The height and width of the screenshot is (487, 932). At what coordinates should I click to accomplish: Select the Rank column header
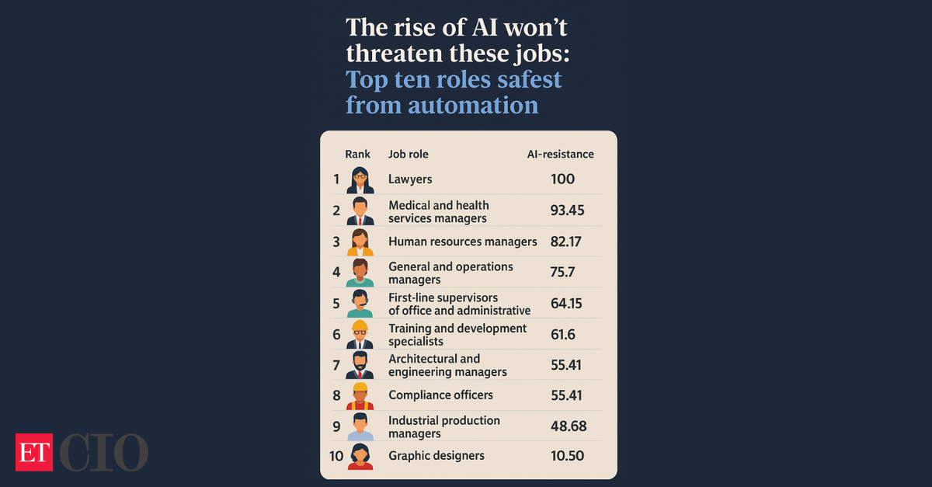[357, 154]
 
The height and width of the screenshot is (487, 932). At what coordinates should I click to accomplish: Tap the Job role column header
[408, 154]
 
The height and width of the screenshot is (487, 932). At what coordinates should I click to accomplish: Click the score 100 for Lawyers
[562, 179]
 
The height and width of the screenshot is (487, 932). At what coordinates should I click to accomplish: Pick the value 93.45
[567, 210]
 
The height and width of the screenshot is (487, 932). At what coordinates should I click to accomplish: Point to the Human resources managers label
[462, 242]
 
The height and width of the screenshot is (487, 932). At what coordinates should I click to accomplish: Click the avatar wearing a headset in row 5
[360, 304]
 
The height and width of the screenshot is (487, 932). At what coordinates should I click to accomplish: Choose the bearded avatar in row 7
[360, 365]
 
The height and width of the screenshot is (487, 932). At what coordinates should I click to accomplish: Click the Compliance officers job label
[440, 395]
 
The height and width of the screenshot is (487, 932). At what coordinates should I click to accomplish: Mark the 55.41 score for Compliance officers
[566, 395]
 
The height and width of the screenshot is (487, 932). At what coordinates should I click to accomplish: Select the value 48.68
[568, 426]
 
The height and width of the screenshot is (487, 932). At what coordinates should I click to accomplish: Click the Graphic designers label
[436, 456]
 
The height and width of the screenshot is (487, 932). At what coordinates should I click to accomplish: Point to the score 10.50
[567, 456]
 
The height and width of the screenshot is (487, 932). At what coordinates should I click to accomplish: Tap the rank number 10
[336, 456]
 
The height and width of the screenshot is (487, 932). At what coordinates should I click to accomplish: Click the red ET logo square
[33, 452]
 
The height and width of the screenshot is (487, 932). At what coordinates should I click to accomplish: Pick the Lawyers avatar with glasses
[360, 180]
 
